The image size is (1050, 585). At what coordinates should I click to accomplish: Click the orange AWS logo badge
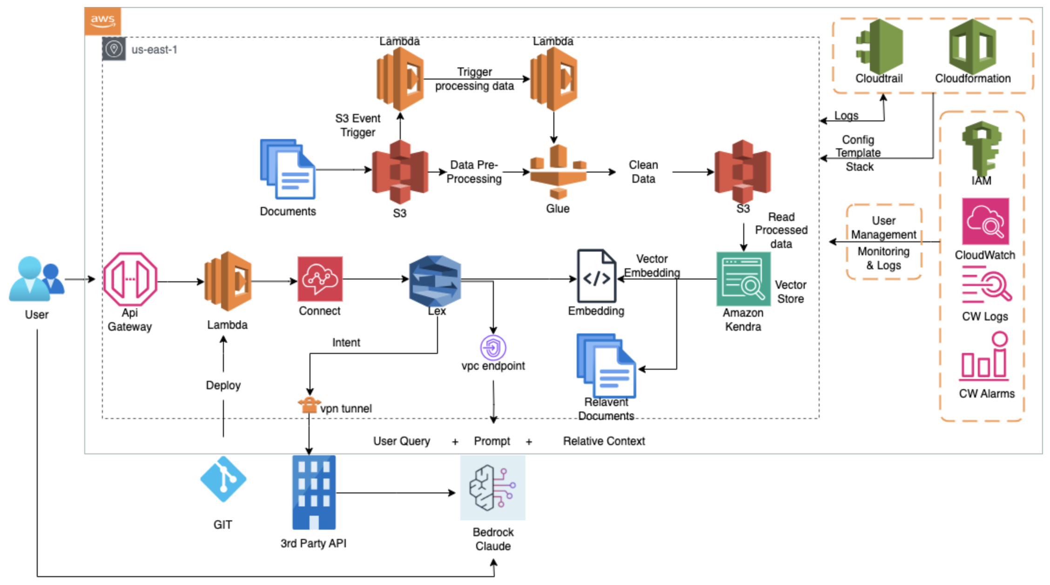pyautogui.click(x=102, y=21)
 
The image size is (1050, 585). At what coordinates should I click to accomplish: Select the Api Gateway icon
pyautogui.click(x=130, y=279)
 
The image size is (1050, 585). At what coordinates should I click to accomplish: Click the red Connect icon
pyautogui.click(x=320, y=279)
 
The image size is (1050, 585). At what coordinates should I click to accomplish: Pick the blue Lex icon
pyautogui.click(x=435, y=281)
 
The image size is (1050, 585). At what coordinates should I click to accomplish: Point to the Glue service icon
pyautogui.click(x=558, y=172)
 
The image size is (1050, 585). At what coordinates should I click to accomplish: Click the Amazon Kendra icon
pyautogui.click(x=743, y=279)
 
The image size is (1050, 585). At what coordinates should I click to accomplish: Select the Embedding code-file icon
pyautogui.click(x=597, y=276)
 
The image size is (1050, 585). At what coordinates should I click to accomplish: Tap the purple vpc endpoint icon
pyautogui.click(x=493, y=347)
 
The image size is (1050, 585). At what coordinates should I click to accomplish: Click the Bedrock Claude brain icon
pyautogui.click(x=492, y=488)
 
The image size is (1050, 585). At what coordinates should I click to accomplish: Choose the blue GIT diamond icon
pyautogui.click(x=223, y=479)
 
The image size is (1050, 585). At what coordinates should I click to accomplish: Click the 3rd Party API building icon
pyautogui.click(x=314, y=492)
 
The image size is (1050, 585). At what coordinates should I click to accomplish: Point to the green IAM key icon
pyautogui.click(x=982, y=149)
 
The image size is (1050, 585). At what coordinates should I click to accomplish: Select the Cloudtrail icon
pyautogui.click(x=879, y=47)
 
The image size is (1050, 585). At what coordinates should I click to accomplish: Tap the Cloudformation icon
pyautogui.click(x=972, y=47)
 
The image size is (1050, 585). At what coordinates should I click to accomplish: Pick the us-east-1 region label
pyautogui.click(x=154, y=50)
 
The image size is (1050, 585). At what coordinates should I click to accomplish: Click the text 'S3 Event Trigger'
pyautogui.click(x=357, y=125)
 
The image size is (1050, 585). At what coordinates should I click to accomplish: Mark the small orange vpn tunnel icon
pyautogui.click(x=308, y=406)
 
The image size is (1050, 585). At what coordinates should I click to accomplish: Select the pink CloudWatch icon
pyautogui.click(x=985, y=221)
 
